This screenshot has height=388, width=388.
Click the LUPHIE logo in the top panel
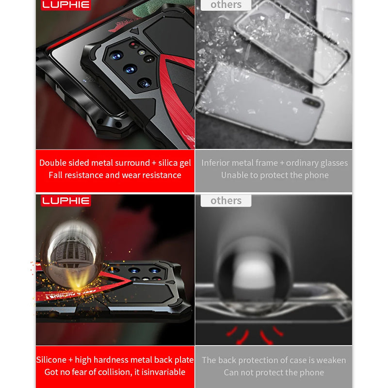[66, 5]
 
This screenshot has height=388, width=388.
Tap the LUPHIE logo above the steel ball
[66, 200]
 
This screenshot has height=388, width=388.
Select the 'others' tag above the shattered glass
[226, 5]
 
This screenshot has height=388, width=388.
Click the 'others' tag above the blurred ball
[226, 200]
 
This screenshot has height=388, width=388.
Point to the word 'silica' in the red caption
[168, 163]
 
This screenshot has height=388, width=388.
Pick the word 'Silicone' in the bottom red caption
[51, 360]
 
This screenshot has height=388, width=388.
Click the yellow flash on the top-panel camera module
[142, 52]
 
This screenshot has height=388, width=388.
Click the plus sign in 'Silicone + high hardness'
[70, 360]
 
